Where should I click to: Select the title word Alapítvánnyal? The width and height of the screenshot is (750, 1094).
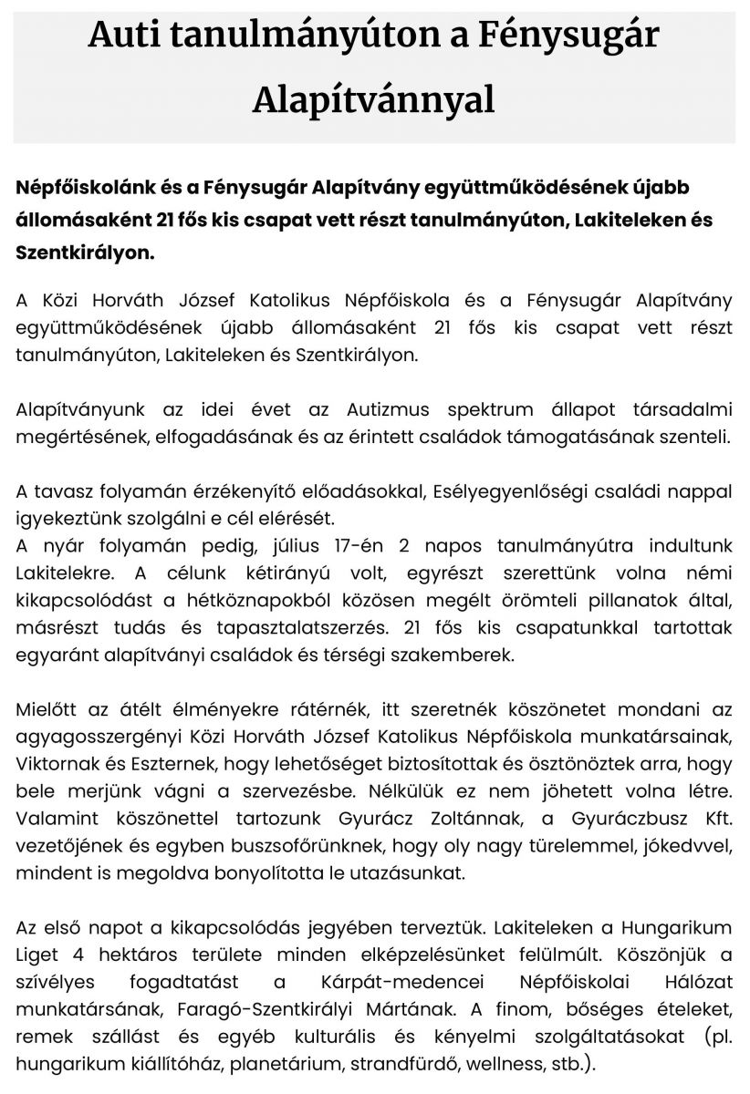pos(374,99)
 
